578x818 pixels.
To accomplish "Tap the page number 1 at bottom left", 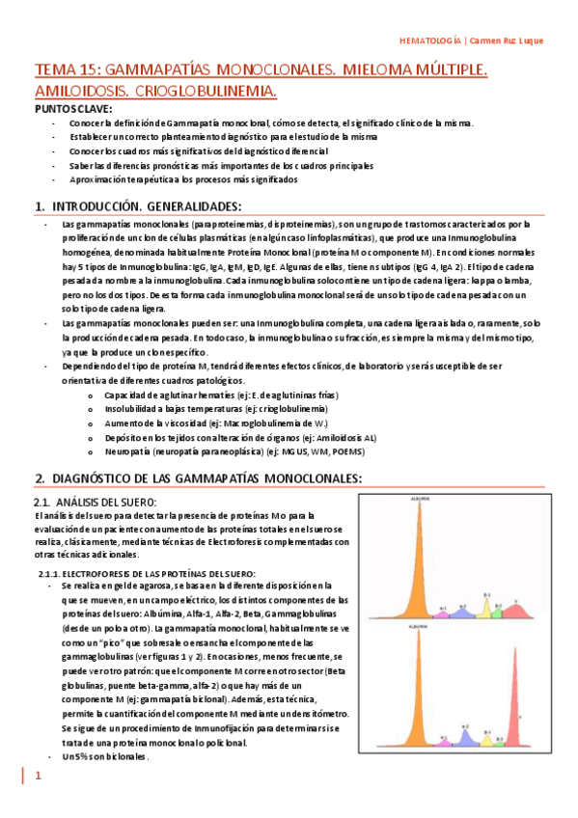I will [x=38, y=777].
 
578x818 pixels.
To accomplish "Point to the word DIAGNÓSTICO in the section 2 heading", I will [x=97, y=478].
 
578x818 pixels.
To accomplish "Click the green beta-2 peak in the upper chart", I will [x=500, y=607].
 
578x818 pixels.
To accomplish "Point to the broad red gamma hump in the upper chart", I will [x=517, y=607].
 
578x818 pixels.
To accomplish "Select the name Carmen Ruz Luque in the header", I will [x=507, y=41].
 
